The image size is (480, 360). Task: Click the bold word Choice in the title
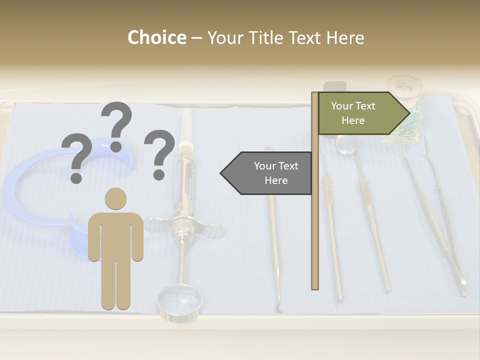(156, 38)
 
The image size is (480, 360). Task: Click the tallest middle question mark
(117, 125)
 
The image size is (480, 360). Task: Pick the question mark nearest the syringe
(159, 153)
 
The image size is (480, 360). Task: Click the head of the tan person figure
(115, 198)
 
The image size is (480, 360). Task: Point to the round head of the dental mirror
(347, 143)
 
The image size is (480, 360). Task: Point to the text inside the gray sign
(275, 173)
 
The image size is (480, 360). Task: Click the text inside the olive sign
(353, 113)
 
